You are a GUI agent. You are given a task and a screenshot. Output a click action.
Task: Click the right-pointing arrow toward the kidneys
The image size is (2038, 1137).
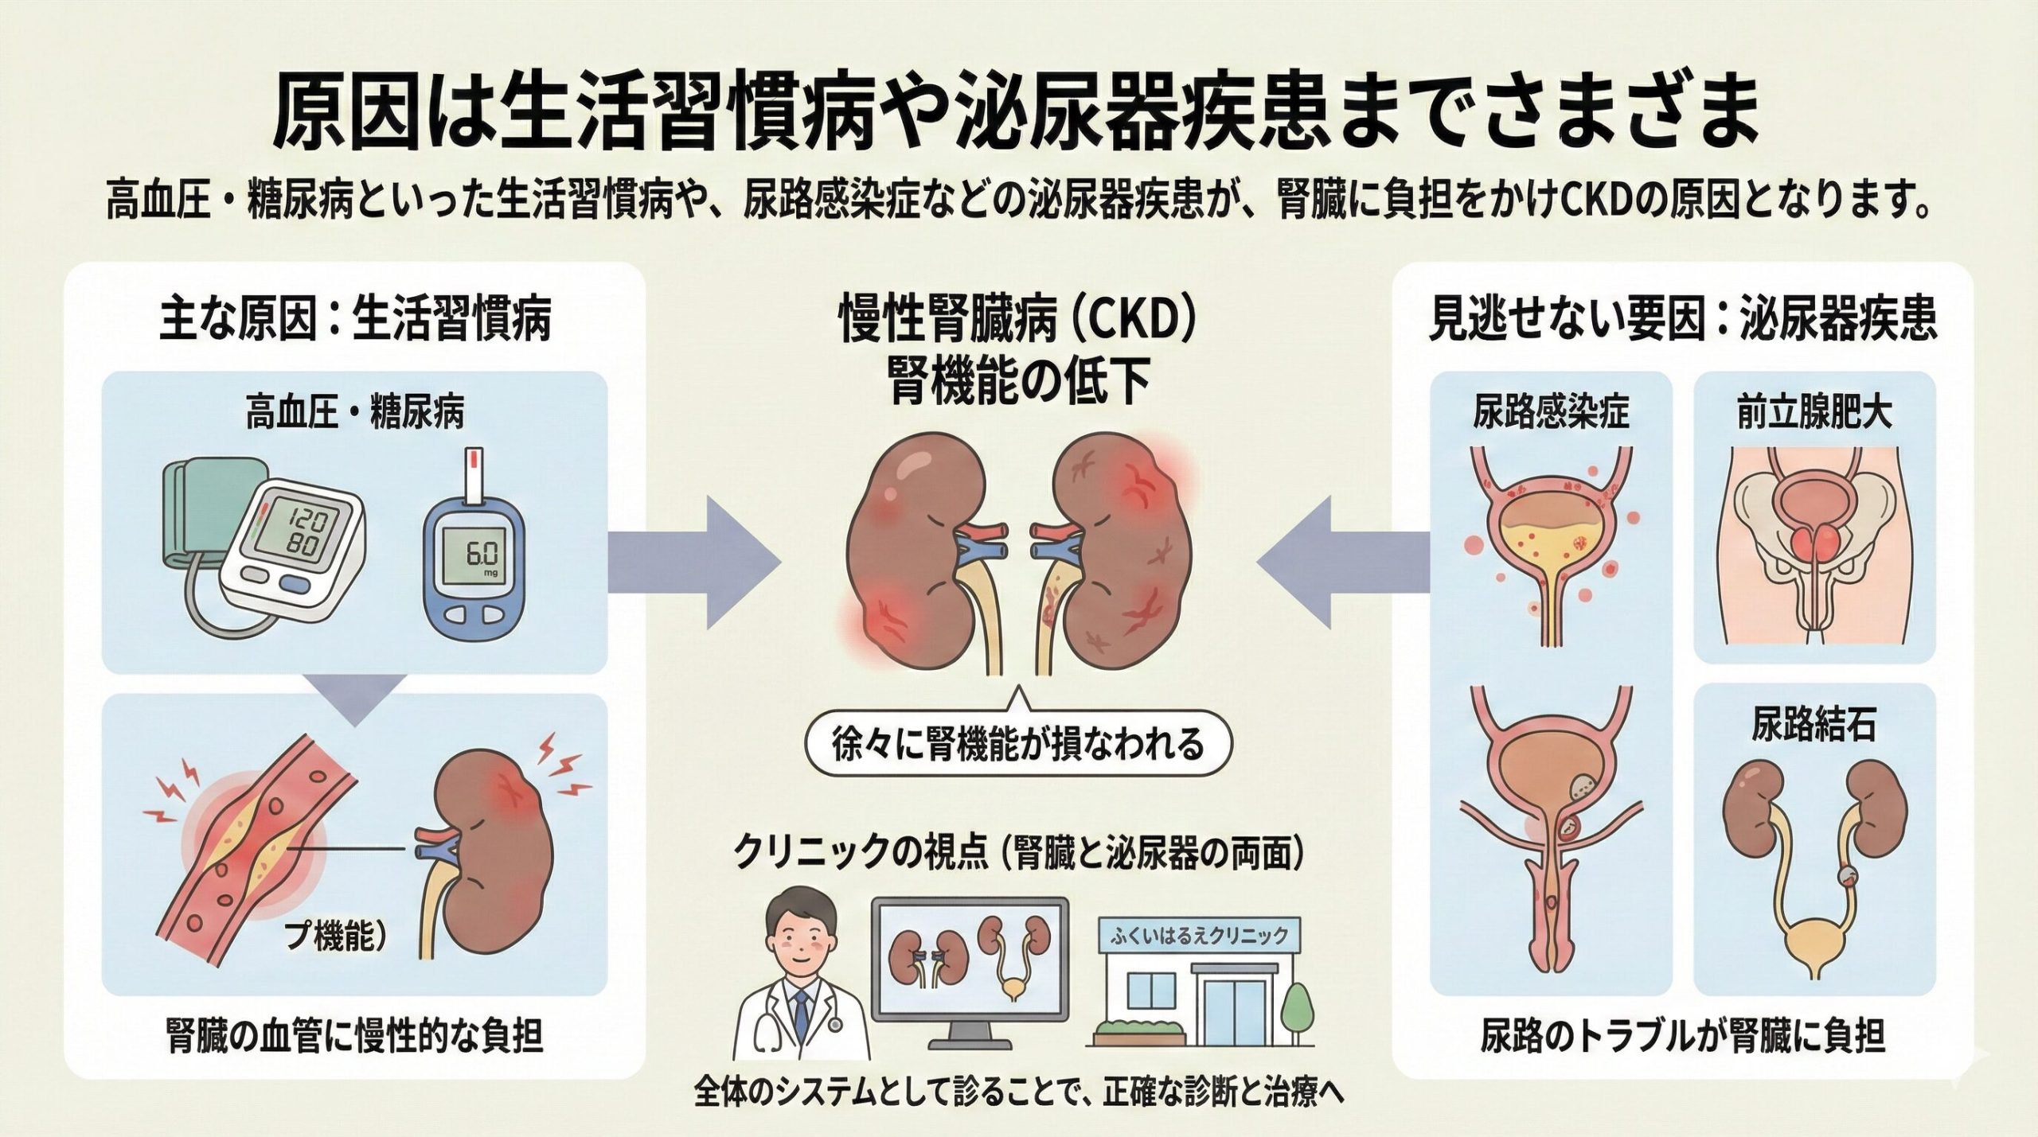click(693, 565)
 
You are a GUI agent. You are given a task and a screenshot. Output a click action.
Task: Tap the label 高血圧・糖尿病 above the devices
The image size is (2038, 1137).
click(355, 415)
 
